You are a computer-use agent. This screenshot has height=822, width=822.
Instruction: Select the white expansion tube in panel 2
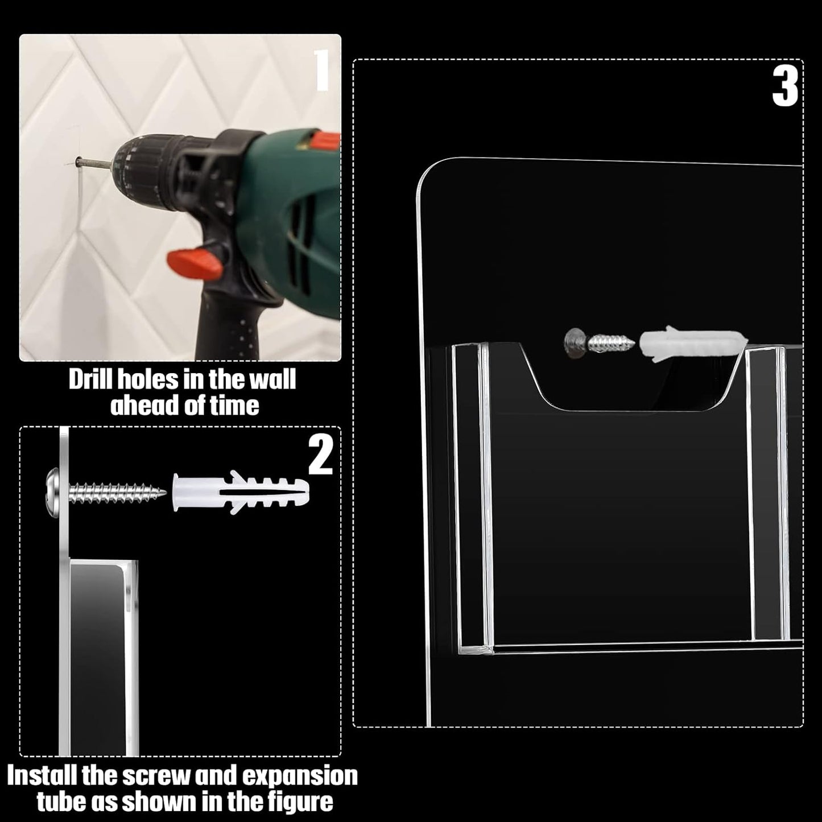[241, 492]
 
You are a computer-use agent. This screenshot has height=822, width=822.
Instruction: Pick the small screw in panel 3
[600, 341]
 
